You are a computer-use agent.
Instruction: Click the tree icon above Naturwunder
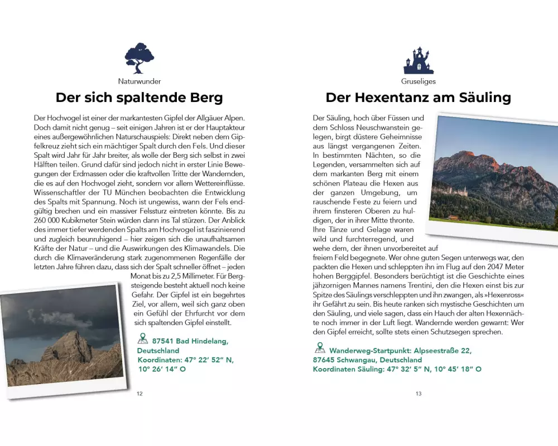tap(139, 59)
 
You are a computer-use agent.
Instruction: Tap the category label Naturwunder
tap(139, 81)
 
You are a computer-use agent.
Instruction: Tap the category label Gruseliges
tap(419, 81)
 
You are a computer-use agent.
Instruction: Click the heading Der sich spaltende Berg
tap(139, 98)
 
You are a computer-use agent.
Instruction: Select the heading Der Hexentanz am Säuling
tap(419, 98)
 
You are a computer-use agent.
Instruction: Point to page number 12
tap(139, 394)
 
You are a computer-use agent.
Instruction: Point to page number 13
tap(419, 394)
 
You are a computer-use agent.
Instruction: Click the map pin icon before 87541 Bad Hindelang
tap(142, 339)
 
